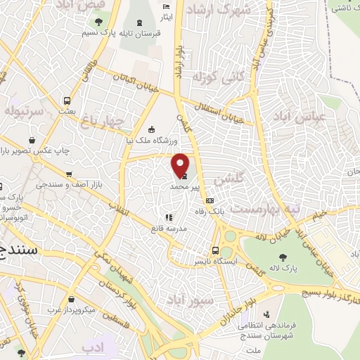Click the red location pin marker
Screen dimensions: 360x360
pos(181,165)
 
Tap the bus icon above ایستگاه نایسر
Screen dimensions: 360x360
pos(216,250)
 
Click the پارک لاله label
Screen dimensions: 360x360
pos(302,268)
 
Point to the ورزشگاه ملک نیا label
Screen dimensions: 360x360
pos(154,141)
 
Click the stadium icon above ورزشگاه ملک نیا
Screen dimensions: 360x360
pos(152,129)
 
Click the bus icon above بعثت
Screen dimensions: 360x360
pos(67,101)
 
